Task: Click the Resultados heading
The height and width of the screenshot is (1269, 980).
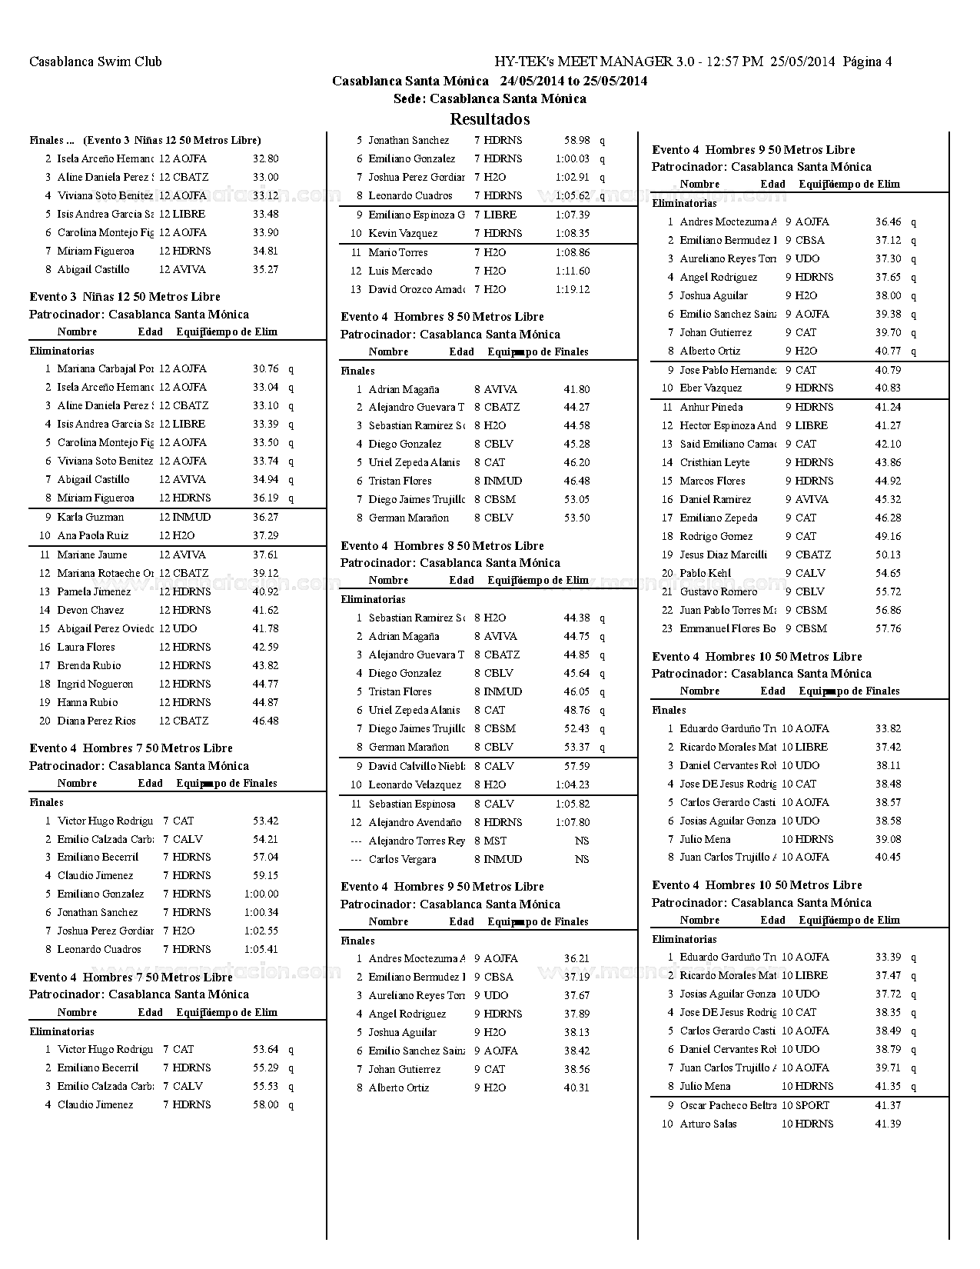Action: tap(490, 119)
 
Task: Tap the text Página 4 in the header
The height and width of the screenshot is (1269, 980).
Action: tap(867, 62)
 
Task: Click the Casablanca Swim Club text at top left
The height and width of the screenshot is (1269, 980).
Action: tap(95, 62)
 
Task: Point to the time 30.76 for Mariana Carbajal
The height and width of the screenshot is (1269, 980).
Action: tap(265, 369)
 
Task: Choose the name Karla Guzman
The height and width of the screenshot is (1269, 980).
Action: tap(90, 518)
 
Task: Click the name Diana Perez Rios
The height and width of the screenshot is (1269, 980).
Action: tap(96, 721)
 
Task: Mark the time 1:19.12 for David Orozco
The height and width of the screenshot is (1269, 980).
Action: tap(573, 290)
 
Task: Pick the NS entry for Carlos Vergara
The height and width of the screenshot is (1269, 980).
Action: tap(582, 860)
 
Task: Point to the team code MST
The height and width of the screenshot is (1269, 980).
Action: tap(495, 841)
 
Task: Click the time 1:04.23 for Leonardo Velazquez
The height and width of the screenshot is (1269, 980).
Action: tap(573, 785)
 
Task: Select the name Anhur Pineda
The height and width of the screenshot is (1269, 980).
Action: tap(711, 408)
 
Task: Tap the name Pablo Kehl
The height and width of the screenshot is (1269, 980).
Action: tap(706, 574)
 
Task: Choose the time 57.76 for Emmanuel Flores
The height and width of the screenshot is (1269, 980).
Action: tap(888, 629)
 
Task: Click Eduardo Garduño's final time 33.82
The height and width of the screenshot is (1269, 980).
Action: tap(888, 729)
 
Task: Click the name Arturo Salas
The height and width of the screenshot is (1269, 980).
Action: tap(708, 1124)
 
